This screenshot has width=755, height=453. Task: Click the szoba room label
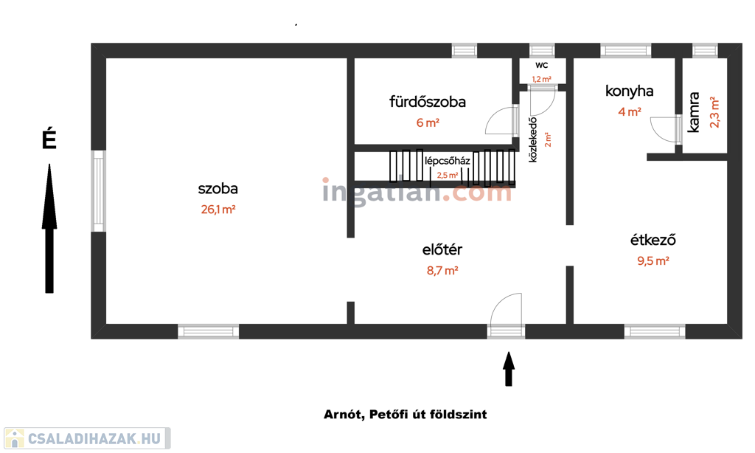tap(218, 188)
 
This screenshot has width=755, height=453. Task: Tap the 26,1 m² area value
tap(218, 210)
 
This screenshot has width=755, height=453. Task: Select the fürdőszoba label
tap(428, 102)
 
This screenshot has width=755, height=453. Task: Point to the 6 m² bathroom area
tap(428, 123)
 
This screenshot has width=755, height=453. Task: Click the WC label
tap(542, 65)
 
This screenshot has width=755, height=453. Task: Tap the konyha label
tap(630, 91)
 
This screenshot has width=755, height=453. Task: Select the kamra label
tap(693, 112)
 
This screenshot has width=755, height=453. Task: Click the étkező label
tap(653, 240)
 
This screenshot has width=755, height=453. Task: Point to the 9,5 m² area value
tap(653, 260)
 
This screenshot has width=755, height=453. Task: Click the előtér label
tap(442, 249)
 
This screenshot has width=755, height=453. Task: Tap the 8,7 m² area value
tap(442, 270)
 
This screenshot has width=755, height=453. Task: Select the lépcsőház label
tap(448, 161)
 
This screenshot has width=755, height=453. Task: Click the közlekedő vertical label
tap(532, 139)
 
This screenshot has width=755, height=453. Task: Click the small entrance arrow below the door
tap(509, 369)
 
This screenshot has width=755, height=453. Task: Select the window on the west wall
tap(98, 191)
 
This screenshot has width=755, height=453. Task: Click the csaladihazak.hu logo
tap(87, 438)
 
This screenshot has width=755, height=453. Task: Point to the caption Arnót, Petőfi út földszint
tap(405, 415)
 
